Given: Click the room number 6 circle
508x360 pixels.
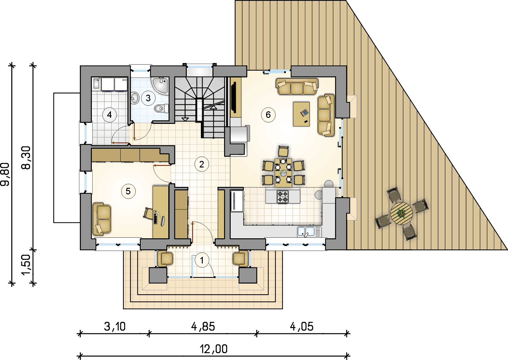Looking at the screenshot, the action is point(268,115).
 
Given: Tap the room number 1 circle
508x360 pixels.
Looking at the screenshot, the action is point(202,260).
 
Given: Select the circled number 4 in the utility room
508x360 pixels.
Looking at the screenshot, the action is point(109,115).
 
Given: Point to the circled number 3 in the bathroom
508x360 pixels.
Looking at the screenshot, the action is point(148,98).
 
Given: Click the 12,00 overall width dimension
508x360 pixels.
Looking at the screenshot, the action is point(214,349).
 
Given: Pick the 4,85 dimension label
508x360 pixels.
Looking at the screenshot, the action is point(203,327).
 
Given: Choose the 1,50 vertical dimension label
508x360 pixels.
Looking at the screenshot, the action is point(26,265).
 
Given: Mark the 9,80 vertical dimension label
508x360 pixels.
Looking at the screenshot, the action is point(5,174).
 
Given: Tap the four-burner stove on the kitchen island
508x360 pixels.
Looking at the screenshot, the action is point(283,197).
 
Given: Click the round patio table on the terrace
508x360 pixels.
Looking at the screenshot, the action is point(401,213).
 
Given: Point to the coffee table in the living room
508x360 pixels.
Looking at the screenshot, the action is point(301,114).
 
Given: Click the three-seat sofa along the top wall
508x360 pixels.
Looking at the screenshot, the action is point(297,87).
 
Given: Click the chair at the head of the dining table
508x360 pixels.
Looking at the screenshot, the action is point(283,151).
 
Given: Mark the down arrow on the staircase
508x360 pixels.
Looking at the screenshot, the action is point(185,119).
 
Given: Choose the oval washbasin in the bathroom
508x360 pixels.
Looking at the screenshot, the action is point(135,98).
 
